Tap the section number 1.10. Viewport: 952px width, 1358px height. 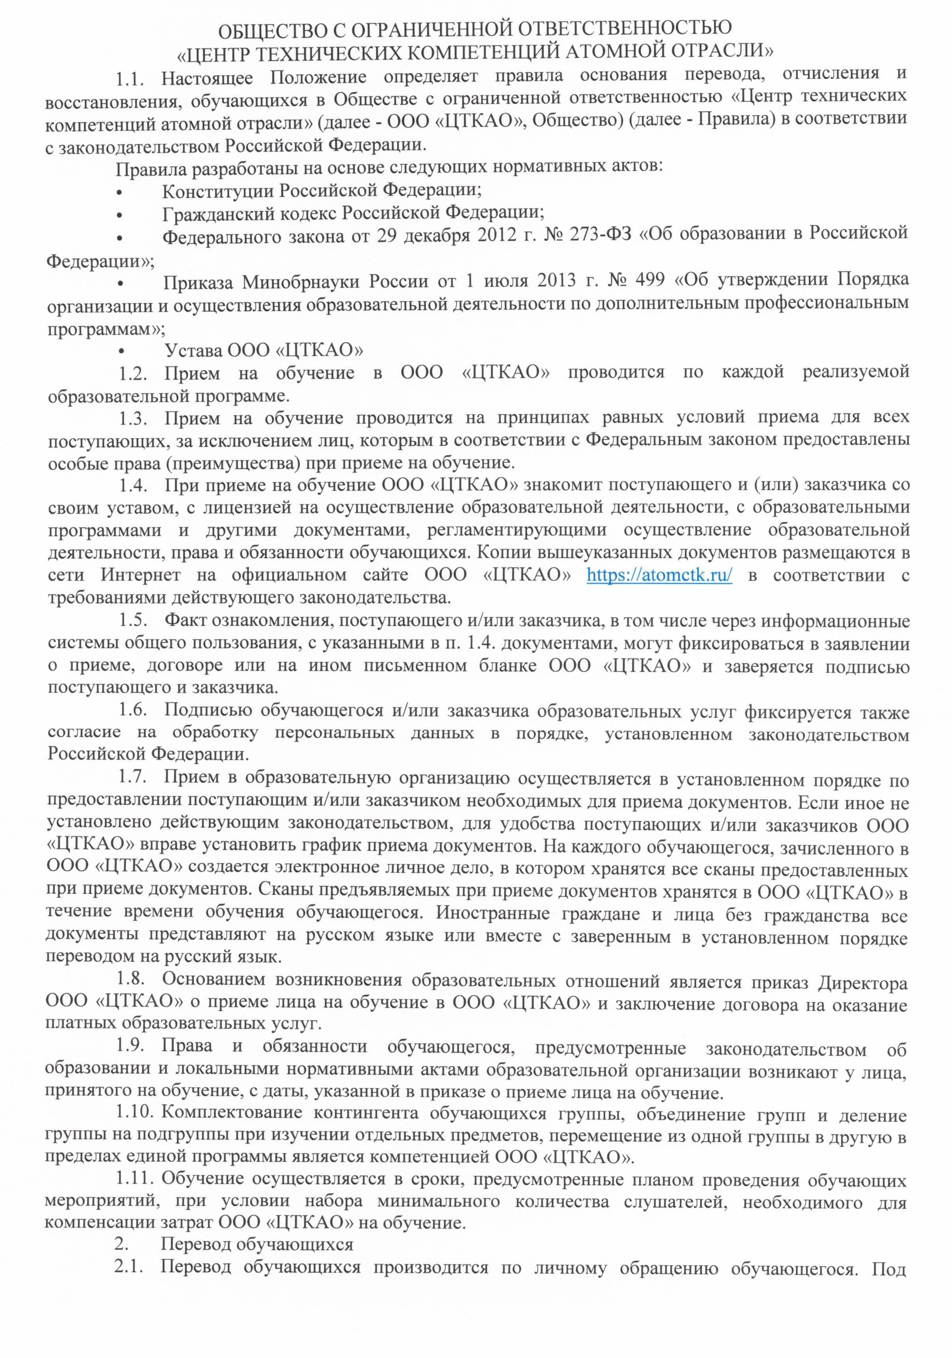point(135,1113)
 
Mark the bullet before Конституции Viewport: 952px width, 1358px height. point(121,192)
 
